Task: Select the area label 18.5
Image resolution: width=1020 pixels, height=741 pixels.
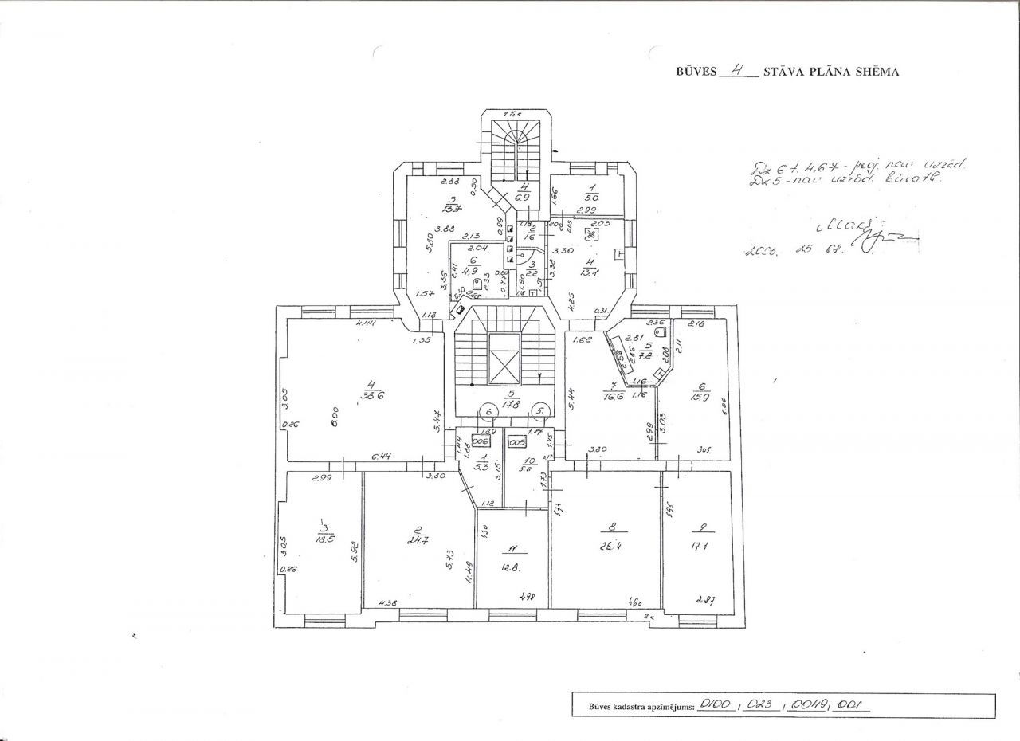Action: coord(324,539)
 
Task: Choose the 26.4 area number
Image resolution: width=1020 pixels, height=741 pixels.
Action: coord(612,547)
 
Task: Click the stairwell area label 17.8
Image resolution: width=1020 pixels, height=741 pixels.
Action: coord(513,404)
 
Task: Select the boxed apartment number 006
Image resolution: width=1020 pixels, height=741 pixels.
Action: coord(480,441)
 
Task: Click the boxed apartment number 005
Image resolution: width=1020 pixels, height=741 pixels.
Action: coord(518,441)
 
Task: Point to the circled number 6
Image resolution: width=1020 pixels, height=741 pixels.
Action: coord(488,411)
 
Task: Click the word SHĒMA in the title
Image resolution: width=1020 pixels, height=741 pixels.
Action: coord(877,72)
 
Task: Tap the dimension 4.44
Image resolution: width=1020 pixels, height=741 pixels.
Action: coord(367,323)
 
